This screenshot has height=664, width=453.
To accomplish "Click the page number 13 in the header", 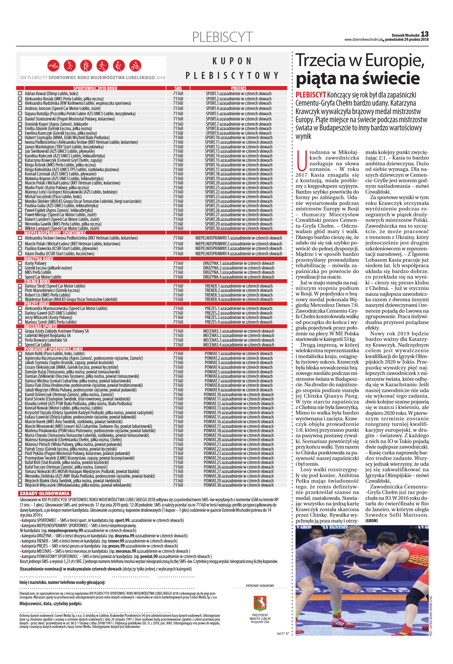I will [425, 34].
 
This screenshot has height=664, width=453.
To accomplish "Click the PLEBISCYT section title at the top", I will [222, 37].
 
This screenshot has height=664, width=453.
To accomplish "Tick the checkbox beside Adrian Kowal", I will [20, 94].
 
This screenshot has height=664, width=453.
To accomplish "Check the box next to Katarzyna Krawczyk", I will [20, 160].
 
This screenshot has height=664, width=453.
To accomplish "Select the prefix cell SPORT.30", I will [238, 229].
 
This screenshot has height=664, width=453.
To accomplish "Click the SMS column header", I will [178, 88].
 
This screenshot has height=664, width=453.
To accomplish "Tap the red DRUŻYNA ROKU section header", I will [39, 259].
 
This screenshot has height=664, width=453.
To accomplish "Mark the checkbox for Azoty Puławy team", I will [20, 263].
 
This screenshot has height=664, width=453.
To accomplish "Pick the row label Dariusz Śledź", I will [55, 286].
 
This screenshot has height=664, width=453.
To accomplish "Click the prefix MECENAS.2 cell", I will [238, 336].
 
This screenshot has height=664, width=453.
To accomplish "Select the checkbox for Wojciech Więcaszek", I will [20, 485].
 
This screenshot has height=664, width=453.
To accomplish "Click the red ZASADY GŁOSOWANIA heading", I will [44, 493].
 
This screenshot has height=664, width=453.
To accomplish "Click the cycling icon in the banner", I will [135, 66].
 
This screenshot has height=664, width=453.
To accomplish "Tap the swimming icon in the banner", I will [53, 66].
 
